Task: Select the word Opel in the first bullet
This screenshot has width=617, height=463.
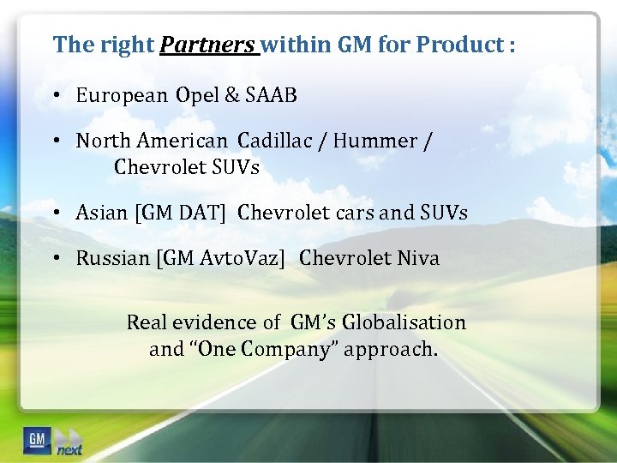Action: [198, 95]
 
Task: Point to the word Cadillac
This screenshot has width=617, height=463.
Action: [273, 140]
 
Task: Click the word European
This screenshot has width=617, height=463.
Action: [122, 95]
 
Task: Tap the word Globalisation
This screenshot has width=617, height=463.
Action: [404, 322]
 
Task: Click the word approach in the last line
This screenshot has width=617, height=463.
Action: [391, 350]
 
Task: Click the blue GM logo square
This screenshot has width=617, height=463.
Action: [37, 439]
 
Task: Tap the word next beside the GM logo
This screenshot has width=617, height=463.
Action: [69, 449]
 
